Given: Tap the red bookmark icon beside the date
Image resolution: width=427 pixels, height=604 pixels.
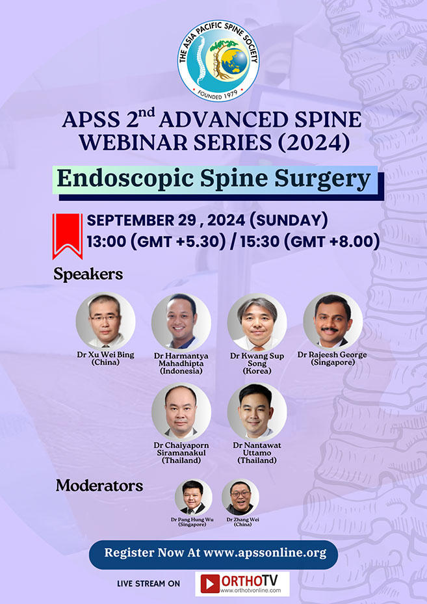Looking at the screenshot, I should coord(68,235).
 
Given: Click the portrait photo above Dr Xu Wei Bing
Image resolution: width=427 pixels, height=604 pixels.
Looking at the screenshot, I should coord(105,321).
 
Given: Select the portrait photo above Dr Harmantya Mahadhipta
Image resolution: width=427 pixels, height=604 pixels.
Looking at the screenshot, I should coord(181,321).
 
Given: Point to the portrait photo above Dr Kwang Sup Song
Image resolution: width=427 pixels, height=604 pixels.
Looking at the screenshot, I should coord(257,321).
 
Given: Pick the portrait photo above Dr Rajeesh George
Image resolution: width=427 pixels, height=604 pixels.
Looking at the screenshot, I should coord(333,321).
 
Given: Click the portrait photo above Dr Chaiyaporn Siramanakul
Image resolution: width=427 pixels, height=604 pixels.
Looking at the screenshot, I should coord(181,411).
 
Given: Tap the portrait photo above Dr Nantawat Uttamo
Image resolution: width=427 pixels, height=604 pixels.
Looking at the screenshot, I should coord(257,411).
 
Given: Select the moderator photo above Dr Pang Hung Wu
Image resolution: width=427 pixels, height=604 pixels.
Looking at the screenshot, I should coord(193,498).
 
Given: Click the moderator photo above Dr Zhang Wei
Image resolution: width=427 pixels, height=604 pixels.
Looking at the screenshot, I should coord(240,498).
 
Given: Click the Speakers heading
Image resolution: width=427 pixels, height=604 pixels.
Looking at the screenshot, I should coord(88,274).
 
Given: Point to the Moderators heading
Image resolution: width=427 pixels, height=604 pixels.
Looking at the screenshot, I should coord(99,485).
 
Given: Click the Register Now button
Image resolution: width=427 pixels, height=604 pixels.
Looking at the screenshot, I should coord(213,554).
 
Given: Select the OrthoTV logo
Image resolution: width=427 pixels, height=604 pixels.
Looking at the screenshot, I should coord(242,583).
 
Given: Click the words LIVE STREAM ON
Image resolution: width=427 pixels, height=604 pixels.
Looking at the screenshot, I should coord(148,584).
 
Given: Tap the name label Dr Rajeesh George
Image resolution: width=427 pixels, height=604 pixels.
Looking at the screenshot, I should coord(332,355).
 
